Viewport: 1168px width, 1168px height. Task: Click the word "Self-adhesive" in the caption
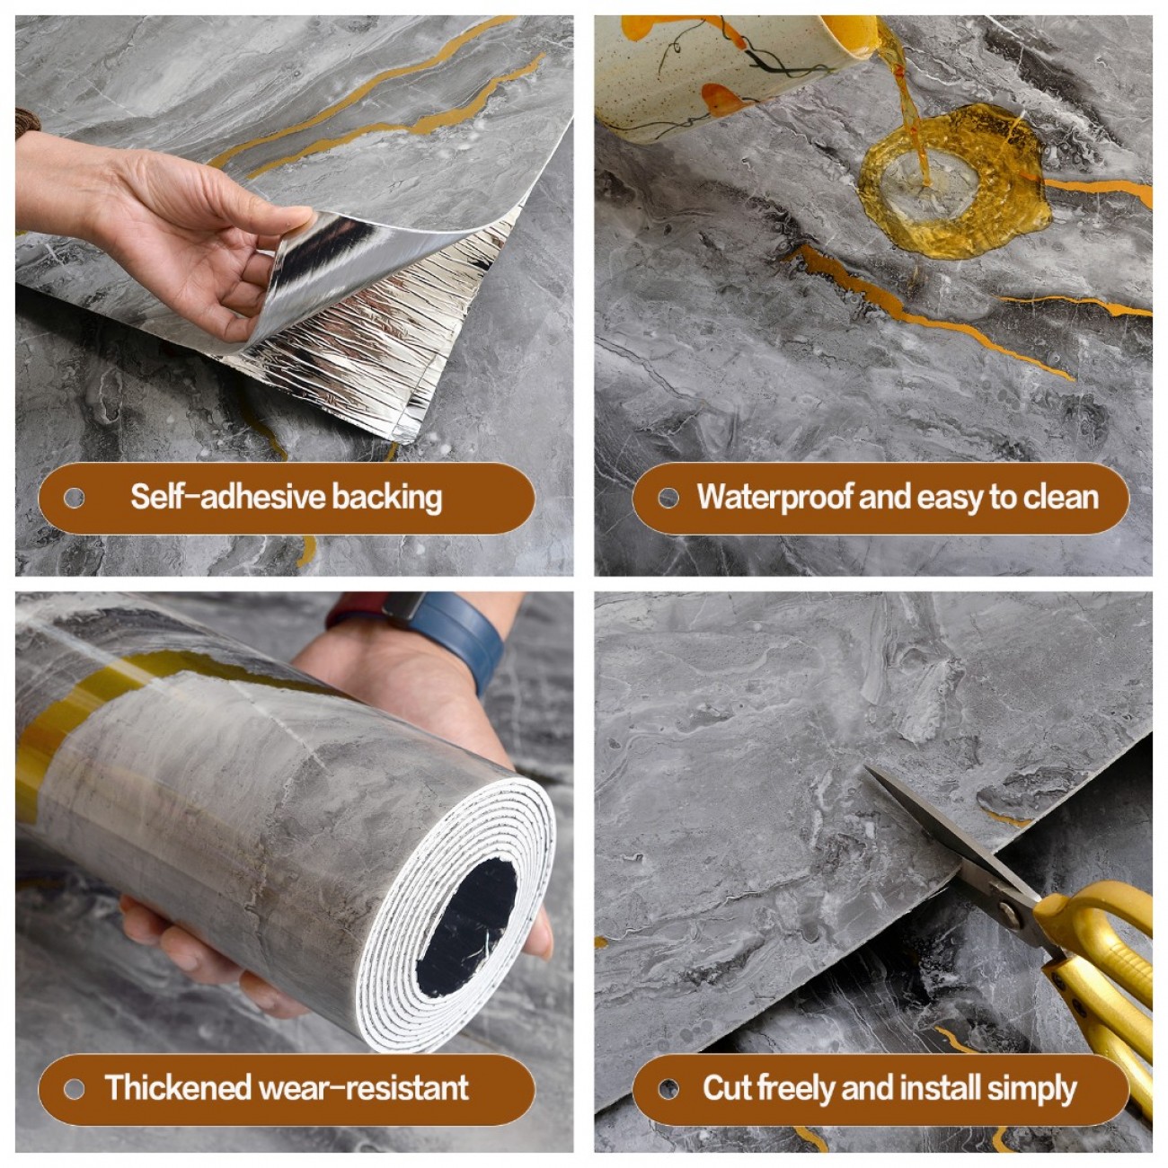click(228, 497)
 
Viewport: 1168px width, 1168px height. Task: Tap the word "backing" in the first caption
click(387, 499)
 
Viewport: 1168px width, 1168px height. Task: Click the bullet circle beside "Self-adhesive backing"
click(74, 499)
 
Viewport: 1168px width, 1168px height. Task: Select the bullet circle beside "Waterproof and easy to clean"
click(668, 499)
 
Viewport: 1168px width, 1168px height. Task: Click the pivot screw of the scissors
click(1010, 907)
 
